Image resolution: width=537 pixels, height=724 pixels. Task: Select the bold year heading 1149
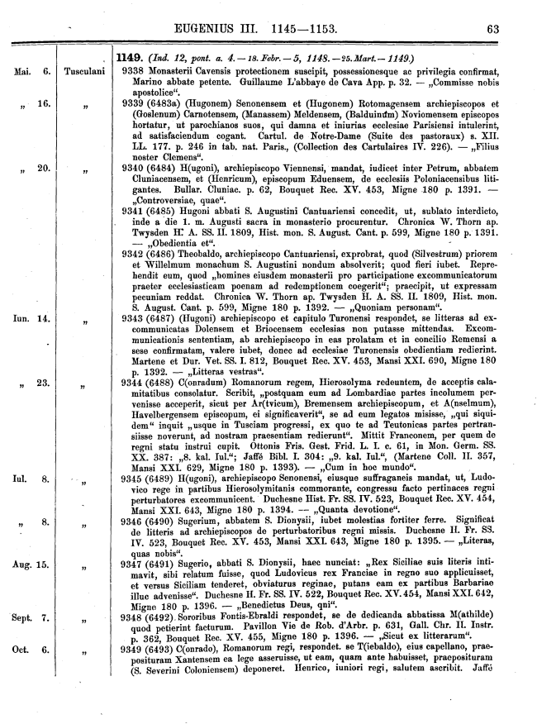130,58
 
